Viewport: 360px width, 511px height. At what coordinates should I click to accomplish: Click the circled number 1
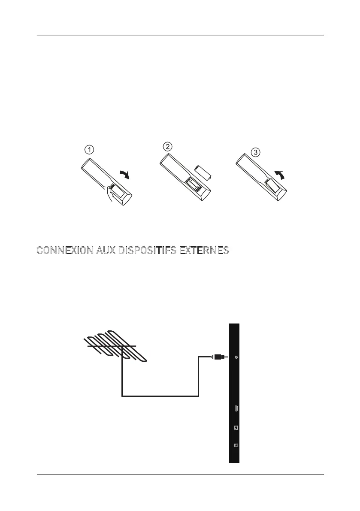(x=88, y=150)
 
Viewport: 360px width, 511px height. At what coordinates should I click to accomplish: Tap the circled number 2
(x=167, y=146)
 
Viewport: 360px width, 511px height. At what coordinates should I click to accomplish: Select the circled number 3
(x=255, y=152)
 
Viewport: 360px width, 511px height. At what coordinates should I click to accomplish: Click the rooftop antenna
(x=114, y=346)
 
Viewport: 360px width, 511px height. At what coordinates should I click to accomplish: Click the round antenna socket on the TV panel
(x=236, y=357)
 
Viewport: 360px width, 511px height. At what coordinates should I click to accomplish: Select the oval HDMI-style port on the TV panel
(x=236, y=409)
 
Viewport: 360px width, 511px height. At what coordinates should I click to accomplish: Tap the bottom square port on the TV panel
(x=236, y=445)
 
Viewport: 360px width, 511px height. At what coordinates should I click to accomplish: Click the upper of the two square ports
(x=236, y=427)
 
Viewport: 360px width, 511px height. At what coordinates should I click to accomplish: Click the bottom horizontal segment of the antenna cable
(x=160, y=396)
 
